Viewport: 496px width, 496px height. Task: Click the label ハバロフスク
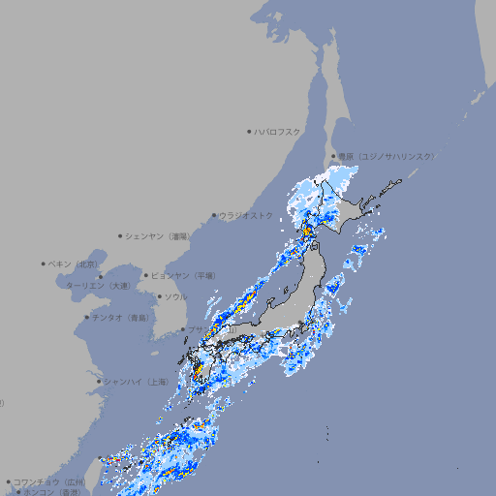pyautogui.click(x=278, y=131)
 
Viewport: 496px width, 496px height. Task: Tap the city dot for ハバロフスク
pyautogui.click(x=249, y=131)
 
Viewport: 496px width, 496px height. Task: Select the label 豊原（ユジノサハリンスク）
pyautogui.click(x=387, y=156)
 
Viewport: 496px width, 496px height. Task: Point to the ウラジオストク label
pyautogui.click(x=246, y=215)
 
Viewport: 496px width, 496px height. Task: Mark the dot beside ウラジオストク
pyautogui.click(x=214, y=215)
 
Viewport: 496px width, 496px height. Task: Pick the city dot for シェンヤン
pyautogui.click(x=121, y=235)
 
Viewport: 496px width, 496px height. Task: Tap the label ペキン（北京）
pyautogui.click(x=74, y=263)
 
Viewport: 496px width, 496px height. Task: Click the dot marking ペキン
pyautogui.click(x=44, y=263)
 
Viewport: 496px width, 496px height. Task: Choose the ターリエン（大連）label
pyautogui.click(x=98, y=286)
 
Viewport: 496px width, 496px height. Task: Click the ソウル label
pyautogui.click(x=176, y=296)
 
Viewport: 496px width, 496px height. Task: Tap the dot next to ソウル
pyautogui.click(x=159, y=296)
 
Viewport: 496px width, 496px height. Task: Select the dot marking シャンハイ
pyautogui.click(x=99, y=382)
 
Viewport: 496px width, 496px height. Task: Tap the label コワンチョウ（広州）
pyautogui.click(x=49, y=481)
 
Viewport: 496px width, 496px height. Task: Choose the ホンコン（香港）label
pyautogui.click(x=52, y=491)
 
